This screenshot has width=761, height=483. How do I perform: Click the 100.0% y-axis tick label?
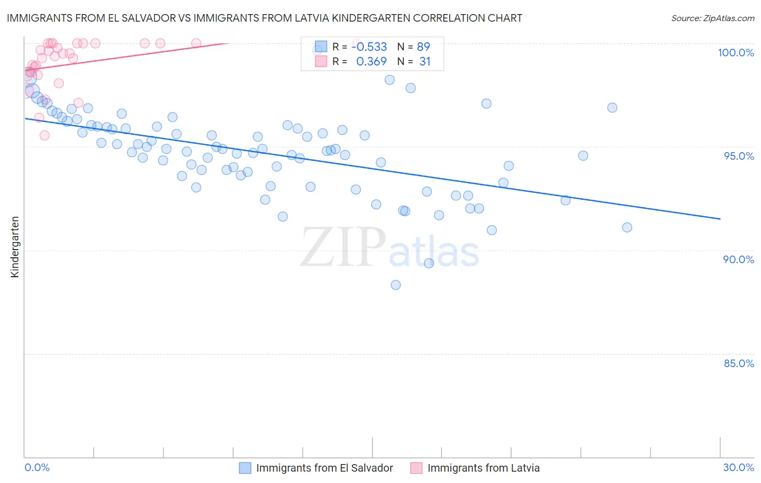point(736,53)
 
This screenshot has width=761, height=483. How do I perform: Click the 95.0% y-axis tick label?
point(739,156)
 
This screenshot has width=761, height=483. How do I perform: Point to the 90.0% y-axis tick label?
point(738,259)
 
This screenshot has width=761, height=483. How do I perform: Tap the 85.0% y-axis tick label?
point(739,363)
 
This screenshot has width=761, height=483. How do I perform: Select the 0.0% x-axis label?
point(37,467)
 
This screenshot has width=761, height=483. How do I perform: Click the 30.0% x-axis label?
point(738,467)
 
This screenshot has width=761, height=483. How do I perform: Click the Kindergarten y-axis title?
point(15,247)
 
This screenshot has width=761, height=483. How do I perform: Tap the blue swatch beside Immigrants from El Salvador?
point(245,468)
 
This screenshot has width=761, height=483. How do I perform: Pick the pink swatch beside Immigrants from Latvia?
point(416,468)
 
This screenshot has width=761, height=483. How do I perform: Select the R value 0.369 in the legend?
point(371,61)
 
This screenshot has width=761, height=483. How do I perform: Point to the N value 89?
point(423,47)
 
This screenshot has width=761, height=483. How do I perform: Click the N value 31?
point(425,61)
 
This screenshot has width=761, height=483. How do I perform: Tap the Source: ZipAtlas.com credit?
point(712,18)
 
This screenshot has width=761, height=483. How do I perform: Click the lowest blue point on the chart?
point(396,285)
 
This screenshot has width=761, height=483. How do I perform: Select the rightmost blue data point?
point(627,227)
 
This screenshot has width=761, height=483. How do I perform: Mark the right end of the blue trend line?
point(720,219)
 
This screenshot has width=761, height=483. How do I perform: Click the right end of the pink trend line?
point(229,43)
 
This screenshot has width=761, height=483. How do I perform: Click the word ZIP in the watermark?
point(343,247)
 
